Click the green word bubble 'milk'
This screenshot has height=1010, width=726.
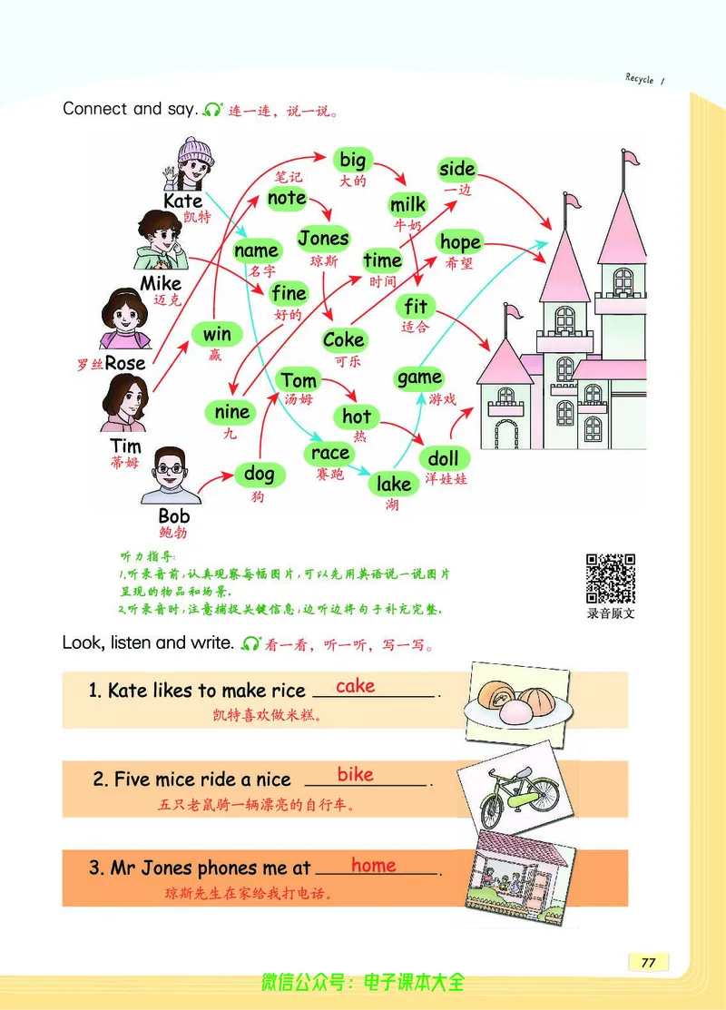(407, 204)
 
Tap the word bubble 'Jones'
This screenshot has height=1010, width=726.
(323, 239)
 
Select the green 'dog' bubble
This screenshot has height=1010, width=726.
(260, 473)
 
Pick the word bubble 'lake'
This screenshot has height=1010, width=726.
(394, 484)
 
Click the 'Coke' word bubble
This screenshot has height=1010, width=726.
(343, 339)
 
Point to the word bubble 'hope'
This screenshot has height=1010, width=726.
(460, 242)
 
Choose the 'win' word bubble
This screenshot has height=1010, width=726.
(217, 334)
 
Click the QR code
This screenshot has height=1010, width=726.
(610, 578)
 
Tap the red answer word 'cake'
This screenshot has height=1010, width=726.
(355, 686)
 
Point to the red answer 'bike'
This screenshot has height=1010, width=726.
(355, 774)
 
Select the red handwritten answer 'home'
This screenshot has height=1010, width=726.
(373, 865)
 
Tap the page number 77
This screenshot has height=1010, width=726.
(648, 963)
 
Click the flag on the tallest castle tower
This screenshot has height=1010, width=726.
(630, 161)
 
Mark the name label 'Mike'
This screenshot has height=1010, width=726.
(161, 283)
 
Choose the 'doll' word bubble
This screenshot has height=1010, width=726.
(443, 457)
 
